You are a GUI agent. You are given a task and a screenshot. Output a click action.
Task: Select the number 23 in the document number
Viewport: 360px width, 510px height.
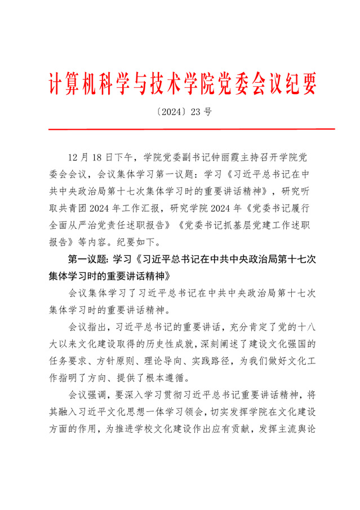click(195, 112)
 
